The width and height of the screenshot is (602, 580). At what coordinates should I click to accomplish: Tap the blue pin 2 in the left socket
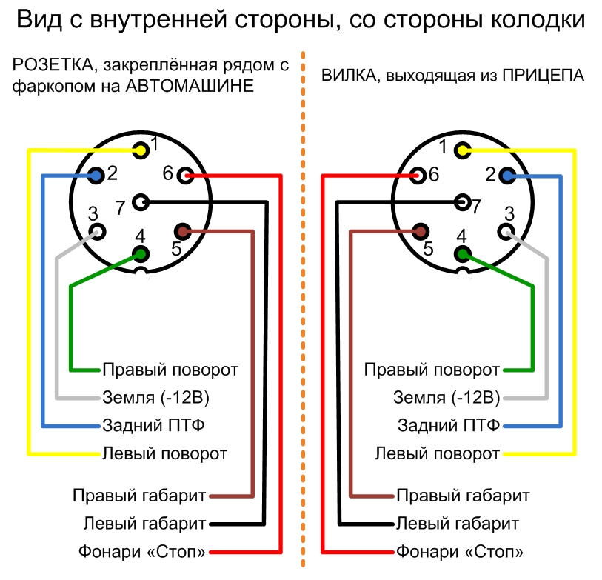[x=95, y=175]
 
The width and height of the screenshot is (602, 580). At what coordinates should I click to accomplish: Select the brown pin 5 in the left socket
[x=184, y=232]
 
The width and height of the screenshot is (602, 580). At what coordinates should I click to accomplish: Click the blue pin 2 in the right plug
[x=507, y=175]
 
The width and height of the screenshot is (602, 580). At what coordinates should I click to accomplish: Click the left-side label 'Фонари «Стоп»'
[x=143, y=552]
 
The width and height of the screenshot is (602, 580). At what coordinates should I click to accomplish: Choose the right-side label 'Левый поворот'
[x=437, y=453]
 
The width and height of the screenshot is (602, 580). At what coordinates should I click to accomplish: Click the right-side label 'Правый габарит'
[x=463, y=495]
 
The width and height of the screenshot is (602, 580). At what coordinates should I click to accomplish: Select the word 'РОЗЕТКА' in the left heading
[x=44, y=65]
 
